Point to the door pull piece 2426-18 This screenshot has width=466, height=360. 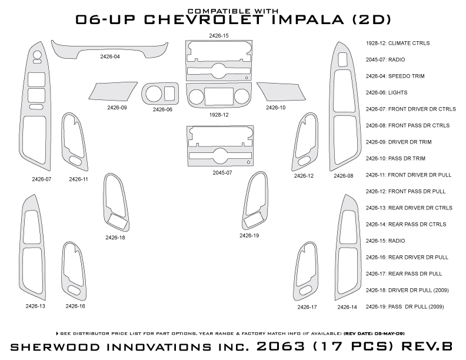click(115, 203)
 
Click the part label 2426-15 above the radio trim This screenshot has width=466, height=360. click(218, 36)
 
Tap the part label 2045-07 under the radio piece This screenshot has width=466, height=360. click(222, 173)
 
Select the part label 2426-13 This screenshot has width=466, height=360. click(35, 306)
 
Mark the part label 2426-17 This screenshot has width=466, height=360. click(307, 307)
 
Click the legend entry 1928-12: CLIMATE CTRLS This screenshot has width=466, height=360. click(397, 43)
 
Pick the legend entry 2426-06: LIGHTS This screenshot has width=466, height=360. click(386, 92)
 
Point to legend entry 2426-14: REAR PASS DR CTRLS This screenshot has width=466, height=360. click(405, 224)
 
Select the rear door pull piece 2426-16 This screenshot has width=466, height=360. click(74, 271)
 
